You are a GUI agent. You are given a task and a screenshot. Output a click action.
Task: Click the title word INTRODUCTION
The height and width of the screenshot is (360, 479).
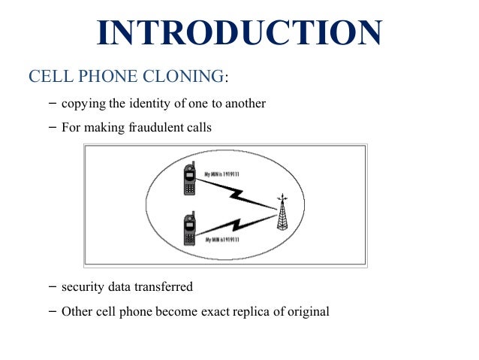point(239,34)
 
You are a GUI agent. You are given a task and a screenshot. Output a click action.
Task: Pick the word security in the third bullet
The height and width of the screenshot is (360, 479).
point(85,286)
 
